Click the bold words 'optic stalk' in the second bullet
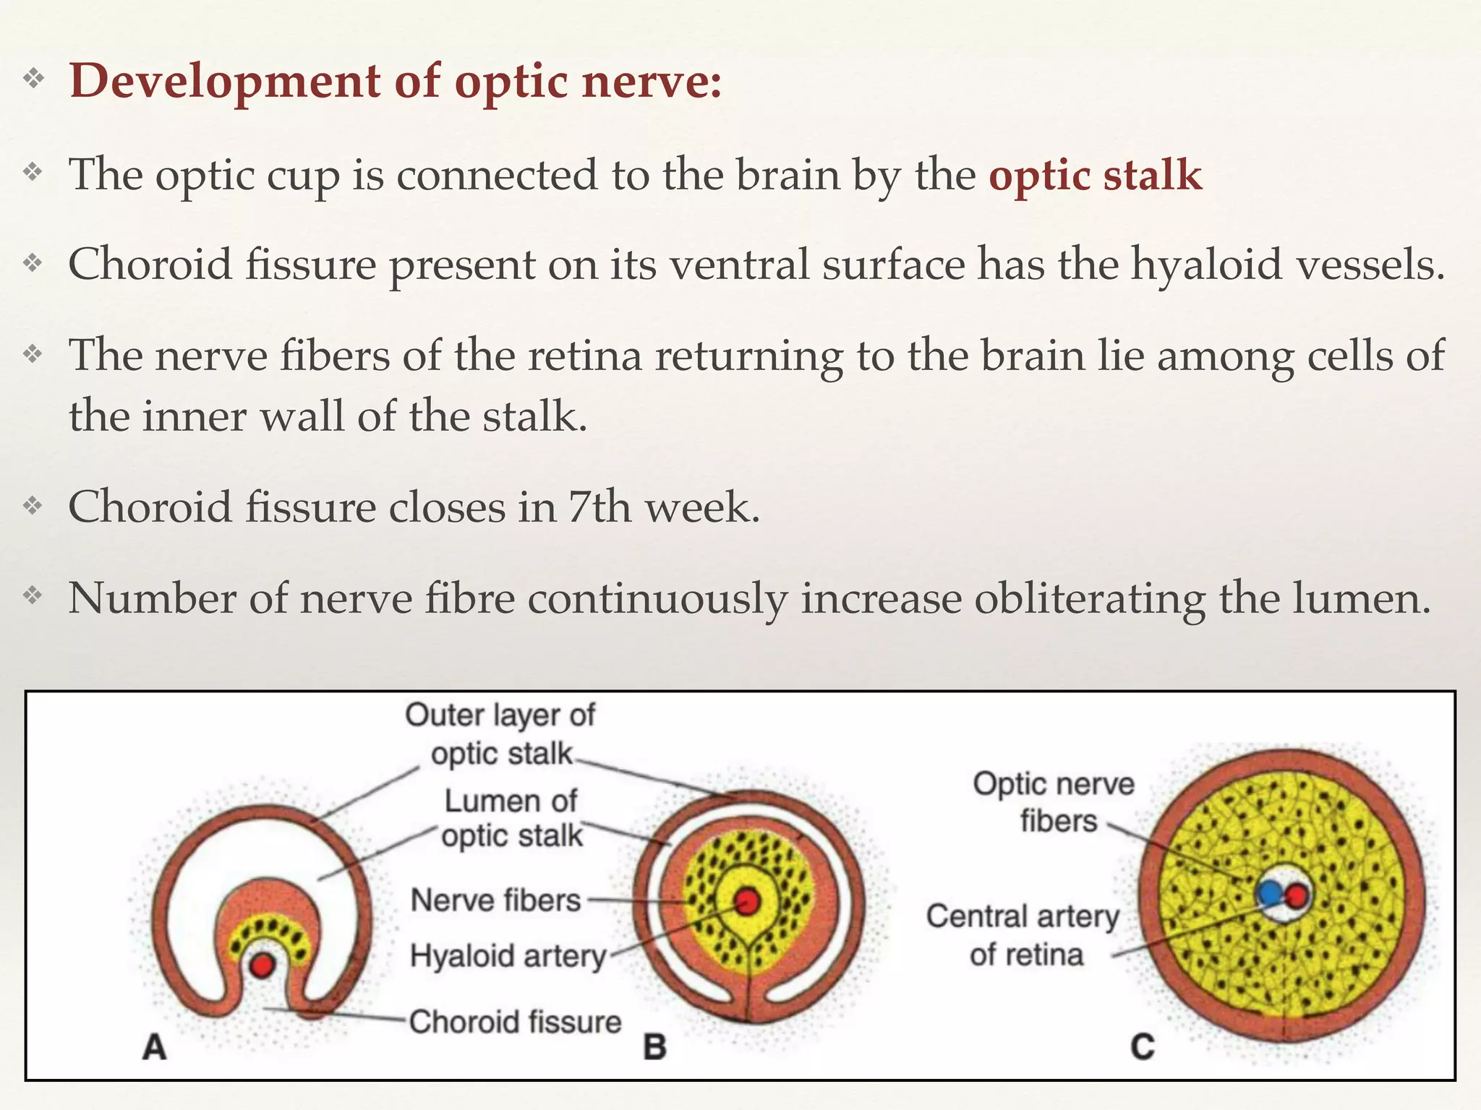coord(1095,176)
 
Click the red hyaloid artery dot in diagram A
coord(263,964)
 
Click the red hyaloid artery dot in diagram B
coord(746,901)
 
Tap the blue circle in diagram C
coord(1268,894)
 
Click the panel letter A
coord(154,1047)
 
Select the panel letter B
coord(654,1047)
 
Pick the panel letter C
coord(1143,1047)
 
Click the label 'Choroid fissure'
coord(515,1022)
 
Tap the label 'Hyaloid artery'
coord(508,956)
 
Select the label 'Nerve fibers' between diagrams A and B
coord(495,900)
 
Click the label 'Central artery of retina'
coord(1023,935)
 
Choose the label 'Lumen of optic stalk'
coord(511,818)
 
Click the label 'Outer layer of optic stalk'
coord(500,733)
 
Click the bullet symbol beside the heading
coord(33,79)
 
